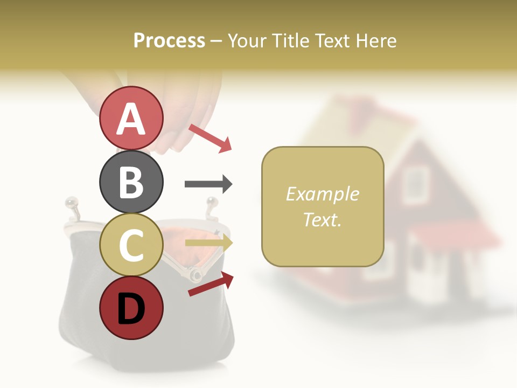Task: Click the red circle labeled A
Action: click(131, 118)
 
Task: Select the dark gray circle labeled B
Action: click(131, 182)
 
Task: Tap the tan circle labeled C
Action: click(131, 245)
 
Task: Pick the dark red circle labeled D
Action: click(131, 308)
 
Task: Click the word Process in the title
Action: click(169, 40)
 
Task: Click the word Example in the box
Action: click(322, 194)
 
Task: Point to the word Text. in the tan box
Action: click(322, 219)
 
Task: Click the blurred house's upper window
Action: click(414, 177)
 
